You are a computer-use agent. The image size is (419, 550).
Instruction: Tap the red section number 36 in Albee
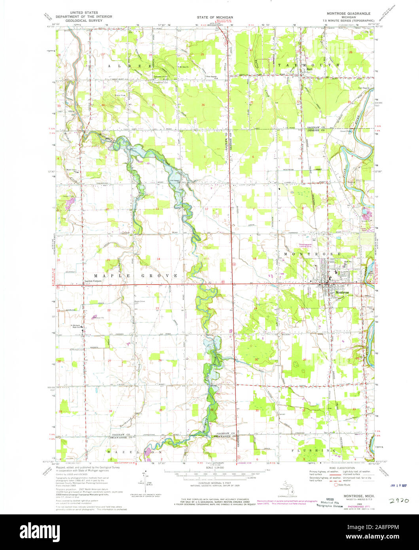(203, 105)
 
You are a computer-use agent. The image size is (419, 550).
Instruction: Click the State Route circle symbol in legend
(336, 484)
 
